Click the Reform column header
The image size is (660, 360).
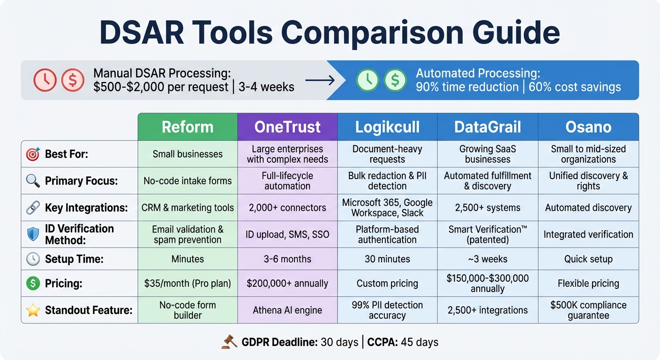click(x=187, y=127)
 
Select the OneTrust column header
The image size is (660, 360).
click(x=287, y=127)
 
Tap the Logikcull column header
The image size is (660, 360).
click(x=387, y=127)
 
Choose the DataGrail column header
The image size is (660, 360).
click(x=487, y=127)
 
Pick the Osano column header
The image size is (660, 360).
click(x=588, y=127)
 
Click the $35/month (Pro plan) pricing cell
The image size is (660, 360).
click(x=187, y=283)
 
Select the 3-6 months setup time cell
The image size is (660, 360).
click(x=287, y=259)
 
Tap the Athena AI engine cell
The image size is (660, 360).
click(x=287, y=310)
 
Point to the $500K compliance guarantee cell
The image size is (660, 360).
click(x=588, y=310)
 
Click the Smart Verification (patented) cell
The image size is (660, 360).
click(x=487, y=234)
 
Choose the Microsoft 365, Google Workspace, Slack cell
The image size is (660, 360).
click(x=387, y=208)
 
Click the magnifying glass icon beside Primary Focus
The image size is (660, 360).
click(x=33, y=181)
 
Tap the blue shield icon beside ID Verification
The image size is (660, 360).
click(x=33, y=234)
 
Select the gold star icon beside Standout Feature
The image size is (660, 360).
click(x=33, y=310)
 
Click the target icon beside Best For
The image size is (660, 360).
click(x=33, y=154)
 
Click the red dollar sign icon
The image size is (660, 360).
click(x=73, y=80)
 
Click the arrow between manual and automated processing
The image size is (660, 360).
click(x=320, y=80)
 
